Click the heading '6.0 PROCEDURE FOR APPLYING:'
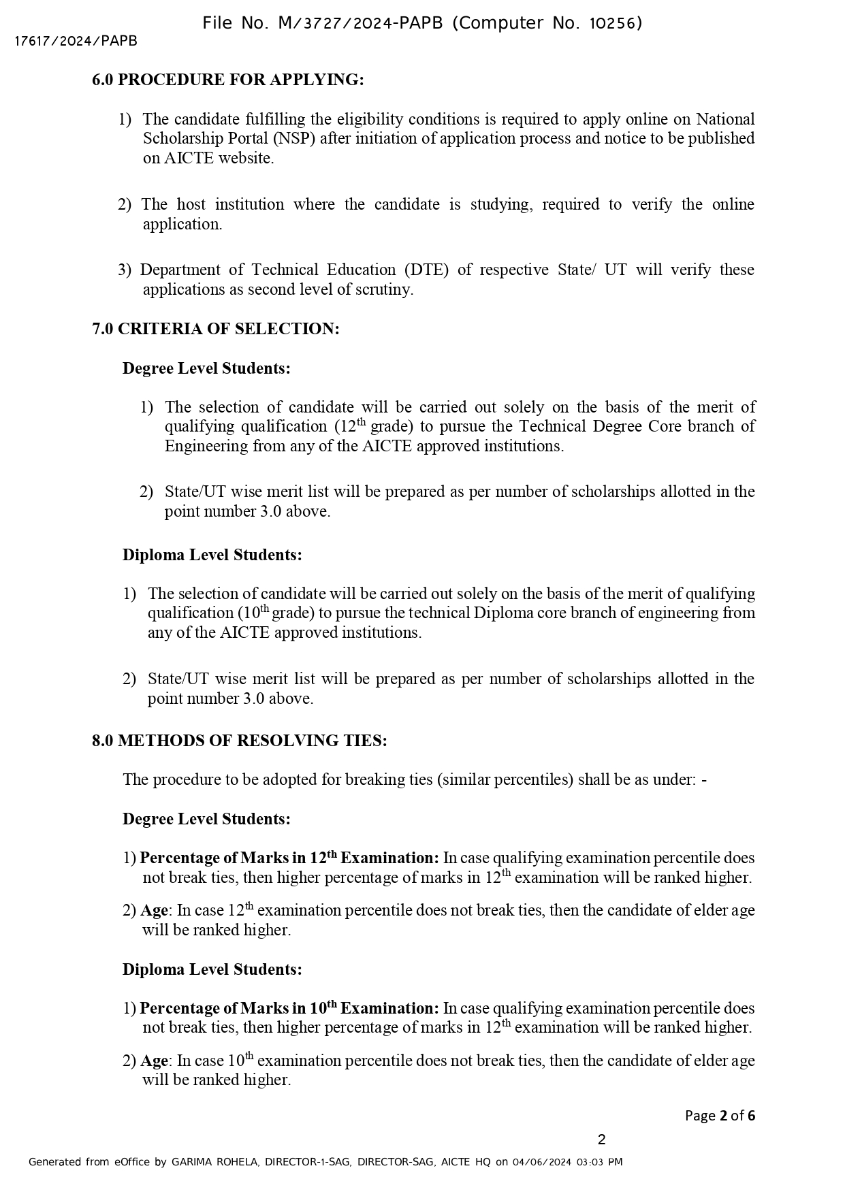tap(227, 80)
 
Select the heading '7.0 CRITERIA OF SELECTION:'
tap(215, 329)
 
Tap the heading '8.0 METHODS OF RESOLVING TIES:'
tap(239, 741)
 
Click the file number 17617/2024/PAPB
tap(76, 42)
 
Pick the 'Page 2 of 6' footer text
tap(720, 1116)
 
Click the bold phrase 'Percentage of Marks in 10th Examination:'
tap(289, 1008)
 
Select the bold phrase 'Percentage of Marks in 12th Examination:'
tap(289, 858)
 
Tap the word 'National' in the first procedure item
tap(725, 120)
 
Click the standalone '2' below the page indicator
tap(601, 1140)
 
